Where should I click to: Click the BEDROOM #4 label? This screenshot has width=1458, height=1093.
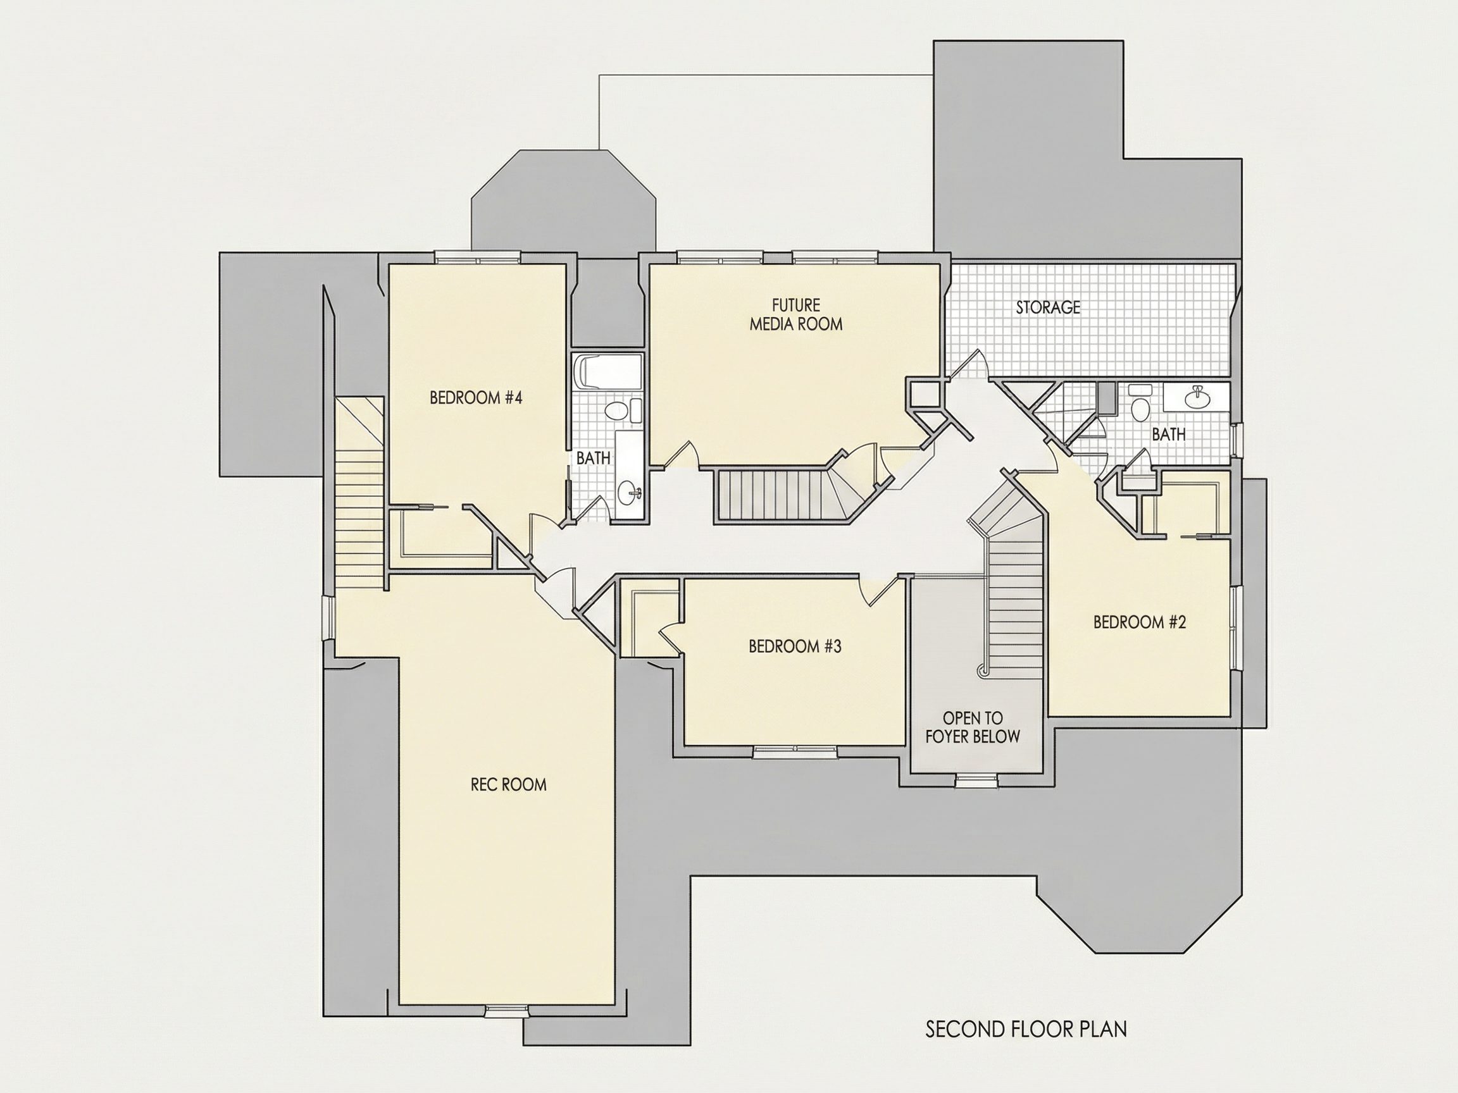(476, 398)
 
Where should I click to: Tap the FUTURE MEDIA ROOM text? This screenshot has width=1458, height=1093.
(796, 314)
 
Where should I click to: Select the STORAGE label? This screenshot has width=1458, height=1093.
(1048, 307)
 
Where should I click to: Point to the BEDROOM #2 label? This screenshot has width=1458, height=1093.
(1140, 622)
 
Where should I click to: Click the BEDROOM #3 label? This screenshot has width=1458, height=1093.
(795, 646)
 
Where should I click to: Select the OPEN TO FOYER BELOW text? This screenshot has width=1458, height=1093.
(973, 727)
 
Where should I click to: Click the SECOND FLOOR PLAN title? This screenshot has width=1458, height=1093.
(1026, 1029)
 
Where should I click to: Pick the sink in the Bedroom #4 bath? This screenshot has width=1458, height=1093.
(629, 492)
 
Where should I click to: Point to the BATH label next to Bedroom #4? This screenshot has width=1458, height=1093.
(593, 457)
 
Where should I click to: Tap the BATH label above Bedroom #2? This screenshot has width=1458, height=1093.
(1169, 434)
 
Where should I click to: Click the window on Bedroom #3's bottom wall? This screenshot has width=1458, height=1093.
(796, 751)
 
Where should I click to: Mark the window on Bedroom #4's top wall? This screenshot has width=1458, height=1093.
(478, 257)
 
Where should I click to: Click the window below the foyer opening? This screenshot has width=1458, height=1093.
(977, 781)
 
